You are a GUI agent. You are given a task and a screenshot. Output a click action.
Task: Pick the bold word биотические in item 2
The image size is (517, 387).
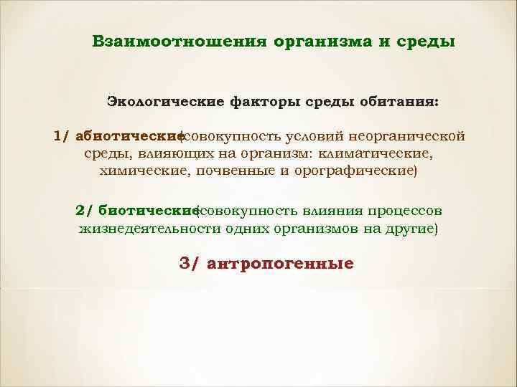coord(149,211)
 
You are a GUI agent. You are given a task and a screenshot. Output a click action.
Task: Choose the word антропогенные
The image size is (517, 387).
coord(280,264)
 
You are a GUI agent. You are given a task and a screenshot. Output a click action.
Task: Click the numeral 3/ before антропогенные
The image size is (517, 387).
coord(188,263)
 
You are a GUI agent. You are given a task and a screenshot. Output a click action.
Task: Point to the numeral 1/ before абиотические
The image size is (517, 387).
coord(62,135)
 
